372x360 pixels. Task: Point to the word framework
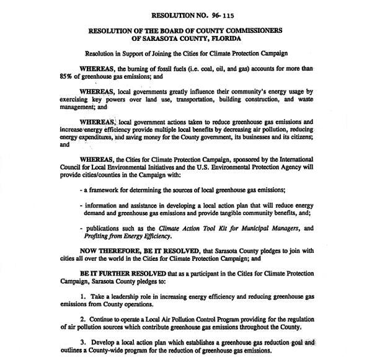pos(107,191)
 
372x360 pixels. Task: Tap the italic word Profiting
pos(100,237)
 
